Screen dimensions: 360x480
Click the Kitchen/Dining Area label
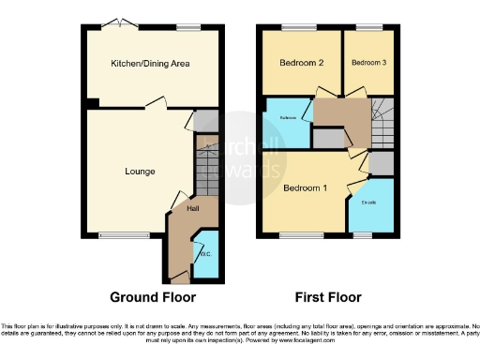151,63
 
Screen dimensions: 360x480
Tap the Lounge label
140,171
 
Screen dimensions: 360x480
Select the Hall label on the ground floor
194,208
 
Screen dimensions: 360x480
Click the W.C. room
206,253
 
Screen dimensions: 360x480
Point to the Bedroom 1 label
305,188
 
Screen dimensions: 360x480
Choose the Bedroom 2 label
301,63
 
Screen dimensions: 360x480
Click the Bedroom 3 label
368,63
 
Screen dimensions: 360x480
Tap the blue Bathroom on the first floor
288,119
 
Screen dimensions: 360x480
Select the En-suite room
368,202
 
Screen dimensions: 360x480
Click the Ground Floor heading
153,297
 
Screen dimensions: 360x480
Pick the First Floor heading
328,297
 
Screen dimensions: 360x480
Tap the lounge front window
123,234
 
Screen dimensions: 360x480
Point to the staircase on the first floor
383,121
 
